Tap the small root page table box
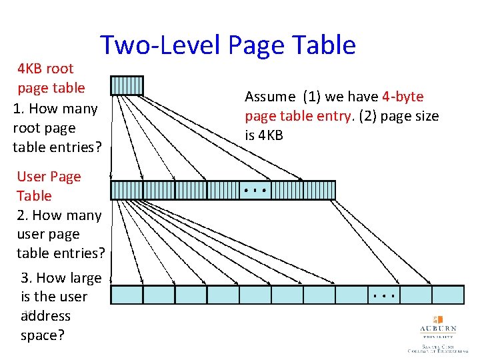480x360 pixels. coord(126,85)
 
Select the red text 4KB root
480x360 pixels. coord(45,68)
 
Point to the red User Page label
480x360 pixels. coord(49,177)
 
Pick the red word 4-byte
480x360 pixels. coord(403,97)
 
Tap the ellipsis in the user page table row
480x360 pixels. coord(255,191)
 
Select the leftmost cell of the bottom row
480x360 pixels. coord(126,295)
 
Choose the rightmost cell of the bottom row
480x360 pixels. coord(447,295)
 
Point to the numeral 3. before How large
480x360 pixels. coord(27,278)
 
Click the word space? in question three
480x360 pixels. coord(43,335)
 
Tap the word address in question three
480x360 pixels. coord(45,316)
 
